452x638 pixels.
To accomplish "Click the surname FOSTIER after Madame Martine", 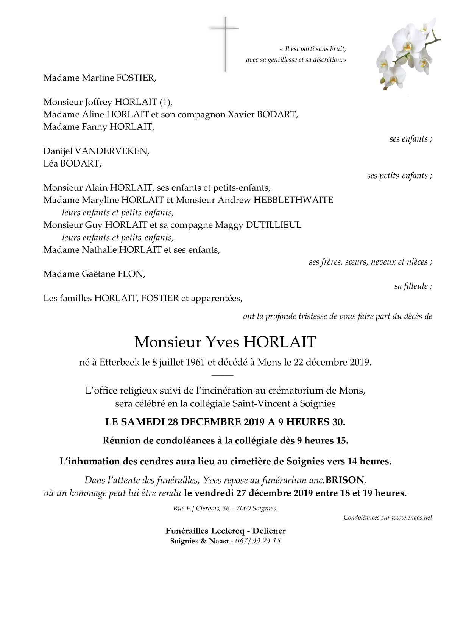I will (x=136, y=78).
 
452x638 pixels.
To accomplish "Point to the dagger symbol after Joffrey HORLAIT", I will (x=164, y=102).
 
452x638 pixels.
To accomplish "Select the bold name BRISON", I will (x=345, y=480).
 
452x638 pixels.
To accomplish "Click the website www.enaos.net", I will (x=412, y=517).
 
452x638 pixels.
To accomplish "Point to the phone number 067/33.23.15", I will (x=258, y=541).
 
